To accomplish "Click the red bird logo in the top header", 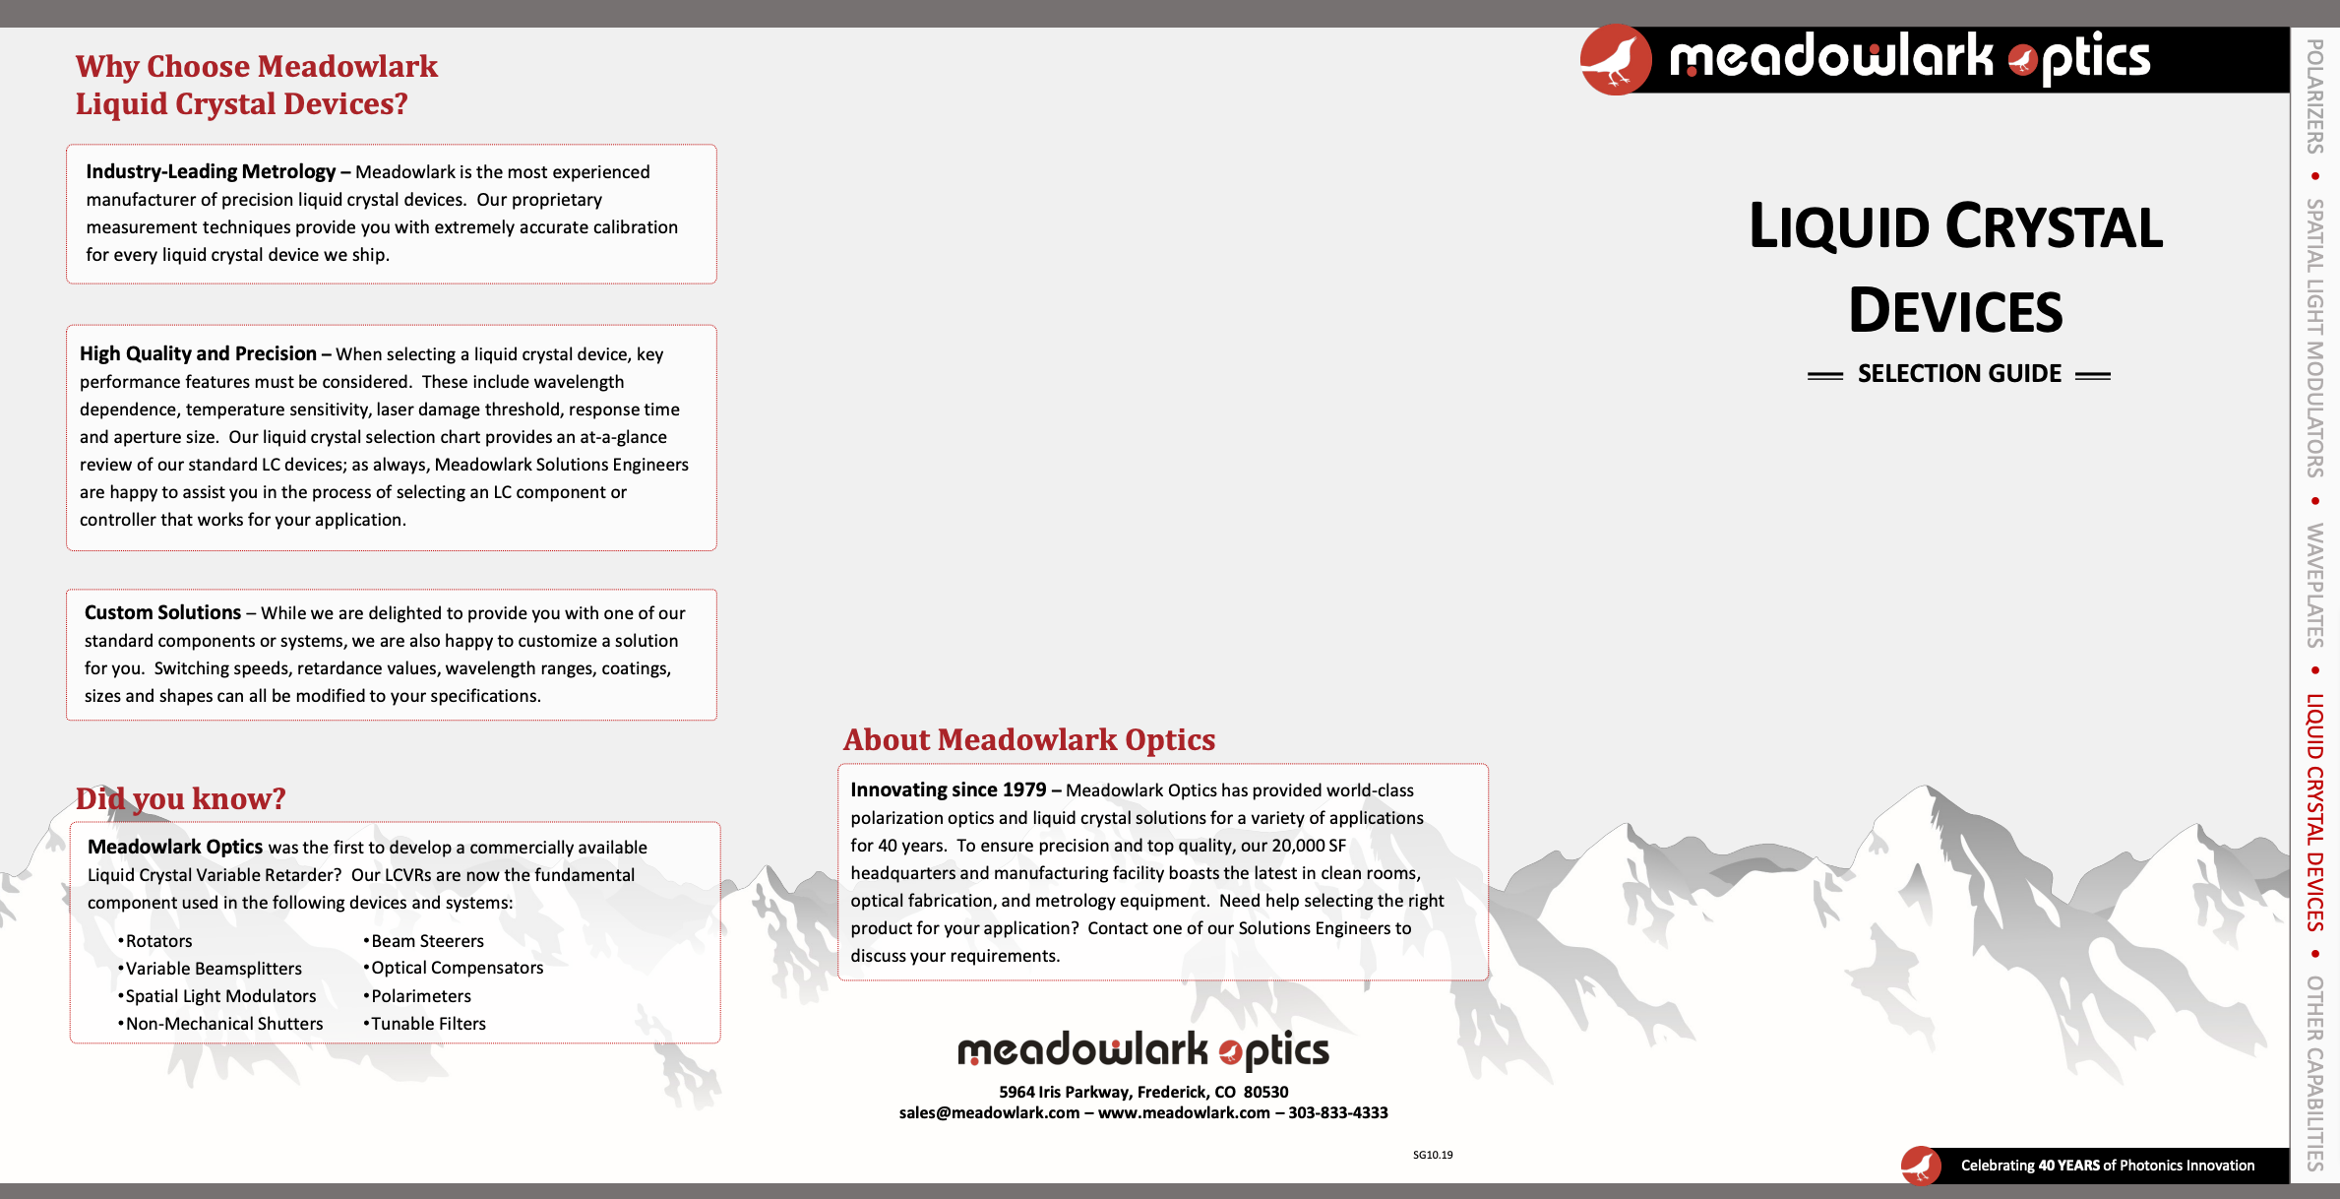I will [x=1615, y=60].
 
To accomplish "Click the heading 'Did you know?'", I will [x=180, y=798].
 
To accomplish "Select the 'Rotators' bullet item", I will [x=158, y=941].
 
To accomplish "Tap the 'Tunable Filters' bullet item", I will [x=428, y=1024].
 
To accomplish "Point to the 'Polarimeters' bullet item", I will [x=420, y=996].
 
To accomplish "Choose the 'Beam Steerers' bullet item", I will [x=427, y=941].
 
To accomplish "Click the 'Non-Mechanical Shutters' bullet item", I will [x=223, y=1024].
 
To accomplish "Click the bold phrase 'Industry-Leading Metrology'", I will [x=211, y=171].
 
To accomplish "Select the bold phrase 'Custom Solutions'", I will [x=162, y=612].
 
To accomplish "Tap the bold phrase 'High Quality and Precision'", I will [x=198, y=353].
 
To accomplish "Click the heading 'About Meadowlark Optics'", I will [x=1028, y=739].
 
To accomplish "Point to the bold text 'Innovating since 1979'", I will [x=948, y=789].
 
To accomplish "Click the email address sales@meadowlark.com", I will [x=989, y=1112].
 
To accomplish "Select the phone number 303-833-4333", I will [x=1337, y=1112].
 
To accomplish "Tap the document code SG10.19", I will [x=1432, y=1155].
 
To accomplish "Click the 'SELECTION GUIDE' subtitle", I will [x=1958, y=374].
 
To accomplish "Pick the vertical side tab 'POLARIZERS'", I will [x=2314, y=96].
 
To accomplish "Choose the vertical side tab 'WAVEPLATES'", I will [x=2314, y=585].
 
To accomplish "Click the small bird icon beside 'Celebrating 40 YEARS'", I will [x=1920, y=1166].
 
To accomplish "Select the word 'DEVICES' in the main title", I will [x=1955, y=311].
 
